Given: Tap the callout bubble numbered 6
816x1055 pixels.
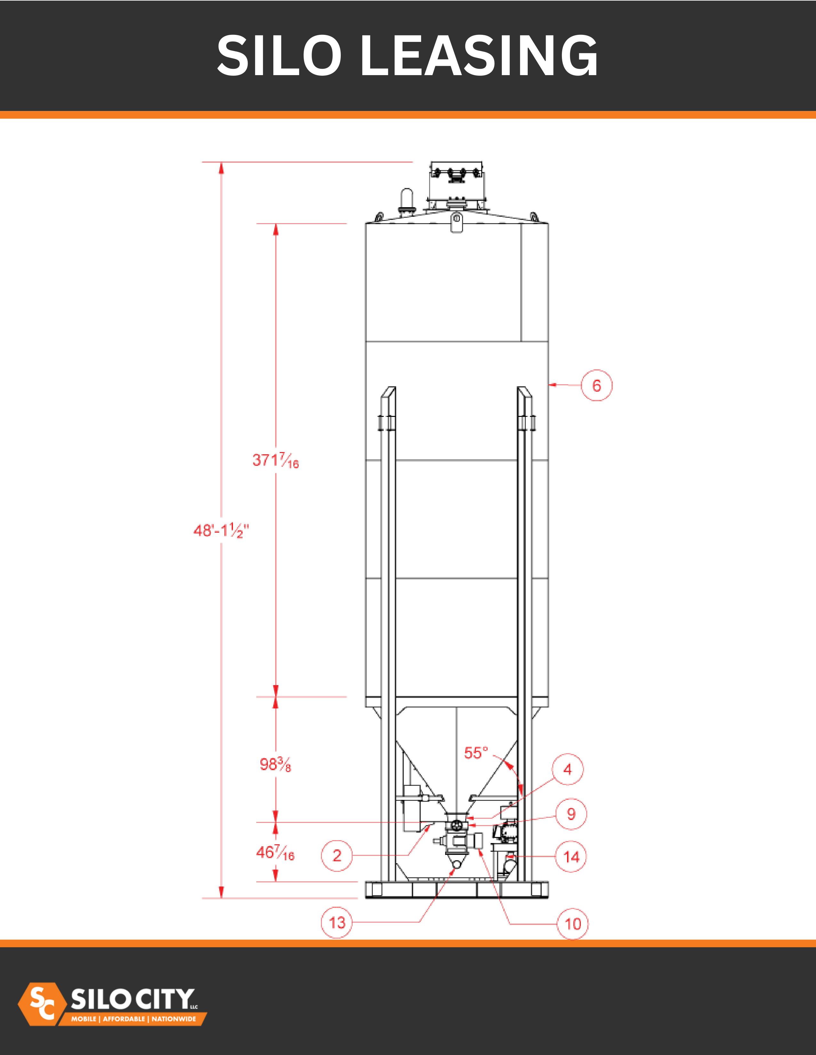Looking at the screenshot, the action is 596,386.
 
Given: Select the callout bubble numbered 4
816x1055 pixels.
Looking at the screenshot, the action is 568,769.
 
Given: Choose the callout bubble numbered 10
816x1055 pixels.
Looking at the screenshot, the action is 573,924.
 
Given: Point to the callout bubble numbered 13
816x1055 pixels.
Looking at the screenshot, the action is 337,923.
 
